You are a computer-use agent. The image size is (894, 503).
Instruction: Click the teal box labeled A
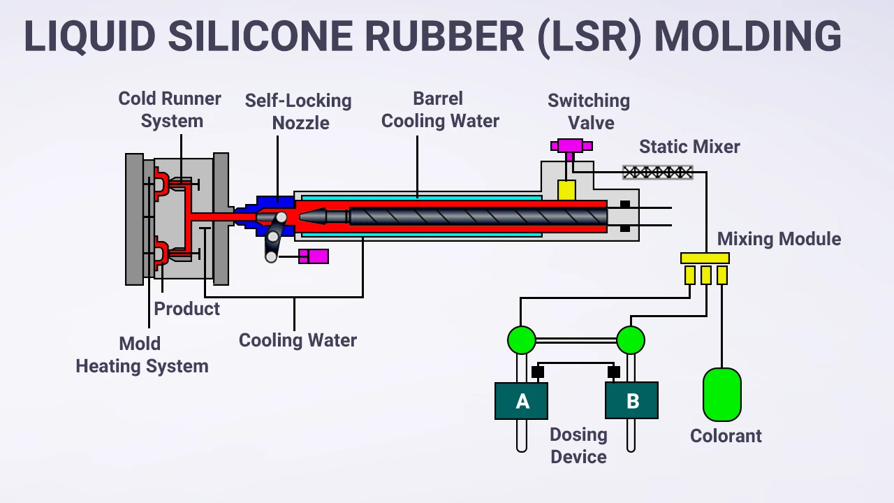(x=521, y=401)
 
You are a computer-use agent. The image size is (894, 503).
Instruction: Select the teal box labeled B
(x=631, y=400)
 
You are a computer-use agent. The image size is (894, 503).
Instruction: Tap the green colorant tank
(x=721, y=395)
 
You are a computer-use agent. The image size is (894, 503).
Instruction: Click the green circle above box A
(x=521, y=340)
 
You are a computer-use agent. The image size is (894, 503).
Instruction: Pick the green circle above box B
(x=631, y=340)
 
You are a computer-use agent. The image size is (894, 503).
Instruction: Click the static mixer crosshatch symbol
(x=657, y=172)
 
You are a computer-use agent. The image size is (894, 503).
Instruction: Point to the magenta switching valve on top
(x=571, y=146)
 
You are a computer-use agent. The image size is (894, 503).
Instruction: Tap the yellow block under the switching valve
(x=566, y=190)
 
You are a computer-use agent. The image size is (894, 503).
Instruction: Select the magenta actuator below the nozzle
(x=314, y=256)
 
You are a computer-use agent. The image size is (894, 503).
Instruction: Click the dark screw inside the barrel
(x=475, y=217)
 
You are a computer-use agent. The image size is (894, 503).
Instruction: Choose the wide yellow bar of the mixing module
(x=705, y=258)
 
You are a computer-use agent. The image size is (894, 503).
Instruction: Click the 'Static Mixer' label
(x=689, y=147)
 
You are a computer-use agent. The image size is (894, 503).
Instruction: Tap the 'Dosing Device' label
(x=578, y=445)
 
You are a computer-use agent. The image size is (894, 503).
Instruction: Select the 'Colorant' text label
(x=726, y=436)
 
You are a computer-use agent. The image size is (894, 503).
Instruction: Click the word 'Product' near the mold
(x=186, y=309)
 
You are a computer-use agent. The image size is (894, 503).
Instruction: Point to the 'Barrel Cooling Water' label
(x=440, y=110)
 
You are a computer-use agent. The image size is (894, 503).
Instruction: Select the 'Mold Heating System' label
(x=142, y=355)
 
